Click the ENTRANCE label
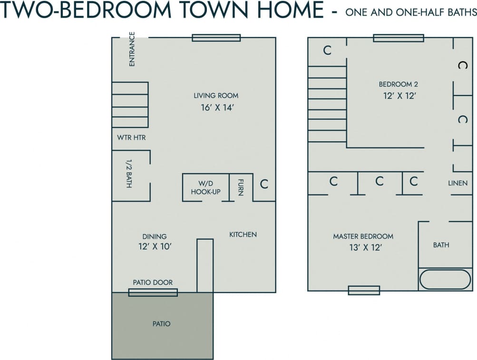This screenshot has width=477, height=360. [132, 49]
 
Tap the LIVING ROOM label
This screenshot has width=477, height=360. [216, 96]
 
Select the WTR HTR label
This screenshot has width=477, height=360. [131, 138]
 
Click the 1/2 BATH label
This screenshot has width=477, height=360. [129, 173]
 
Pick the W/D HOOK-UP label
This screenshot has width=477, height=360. [205, 188]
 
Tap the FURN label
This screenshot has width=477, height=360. [241, 188]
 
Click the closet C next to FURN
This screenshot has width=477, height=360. [264, 184]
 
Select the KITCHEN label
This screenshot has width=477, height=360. [243, 234]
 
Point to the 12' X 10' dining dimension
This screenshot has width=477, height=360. [155, 246]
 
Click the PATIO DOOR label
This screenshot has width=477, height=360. [153, 282]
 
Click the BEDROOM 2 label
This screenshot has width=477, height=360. [399, 84]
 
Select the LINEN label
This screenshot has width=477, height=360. [458, 183]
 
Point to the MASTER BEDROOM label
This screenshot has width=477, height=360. [363, 236]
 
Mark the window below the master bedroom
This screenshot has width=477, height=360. [364, 290]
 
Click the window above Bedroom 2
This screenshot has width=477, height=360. [398, 38]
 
